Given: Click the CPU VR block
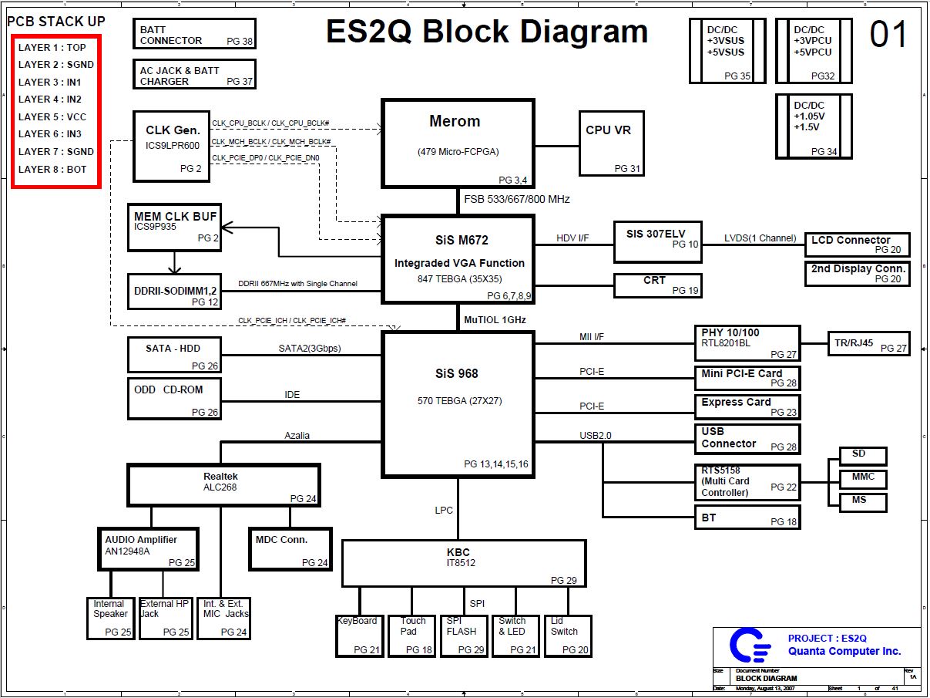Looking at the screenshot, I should pos(612,143).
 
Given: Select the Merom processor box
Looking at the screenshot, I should pos(458,143).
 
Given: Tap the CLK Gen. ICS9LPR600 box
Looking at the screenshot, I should pos(171,147).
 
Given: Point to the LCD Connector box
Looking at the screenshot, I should pos(857,244).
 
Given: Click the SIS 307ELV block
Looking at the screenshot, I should pos(657,241).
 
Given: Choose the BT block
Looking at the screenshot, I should pos(748,517).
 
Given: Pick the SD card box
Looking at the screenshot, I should pos(858,456).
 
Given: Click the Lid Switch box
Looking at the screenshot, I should pos(568,636).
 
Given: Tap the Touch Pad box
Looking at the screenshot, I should pos(412,636).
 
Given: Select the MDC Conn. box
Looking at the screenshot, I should pos(290,548).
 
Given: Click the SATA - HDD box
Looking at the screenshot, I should pos(175,356).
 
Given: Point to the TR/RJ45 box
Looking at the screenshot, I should pos(868,343).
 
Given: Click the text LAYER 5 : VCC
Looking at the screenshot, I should pos(52,117).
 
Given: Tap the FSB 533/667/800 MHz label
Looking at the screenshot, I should pos(517,199).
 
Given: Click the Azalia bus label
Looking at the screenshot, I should pos(297,436).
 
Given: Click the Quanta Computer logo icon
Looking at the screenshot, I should pos(749,646).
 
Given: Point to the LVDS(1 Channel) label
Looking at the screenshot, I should pos(760,238).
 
